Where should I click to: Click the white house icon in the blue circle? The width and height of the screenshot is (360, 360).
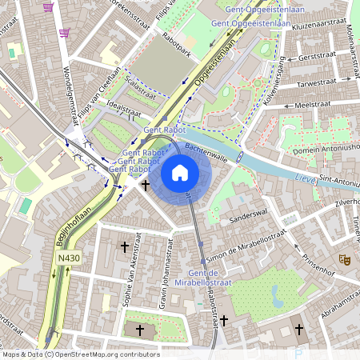click(180, 171)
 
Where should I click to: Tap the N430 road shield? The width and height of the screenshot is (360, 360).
click(68, 258)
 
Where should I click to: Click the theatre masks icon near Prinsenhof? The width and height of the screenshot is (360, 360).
click(345, 259)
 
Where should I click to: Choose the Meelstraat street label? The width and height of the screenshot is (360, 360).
click(312, 105)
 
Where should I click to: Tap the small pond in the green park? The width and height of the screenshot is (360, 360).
click(278, 297)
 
